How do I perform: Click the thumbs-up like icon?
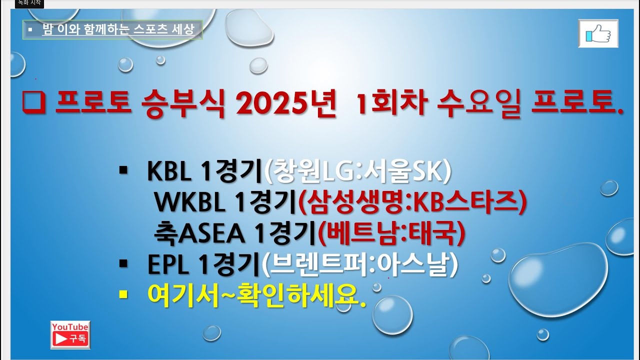click(x=598, y=34)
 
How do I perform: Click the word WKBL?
click(x=190, y=202)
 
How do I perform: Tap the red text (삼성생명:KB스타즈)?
click(x=412, y=202)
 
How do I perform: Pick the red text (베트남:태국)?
click(x=391, y=233)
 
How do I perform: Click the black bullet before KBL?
click(x=123, y=171)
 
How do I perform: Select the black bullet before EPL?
click(x=123, y=263)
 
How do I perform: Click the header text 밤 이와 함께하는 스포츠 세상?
click(x=117, y=30)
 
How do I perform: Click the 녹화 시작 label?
click(x=29, y=3)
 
